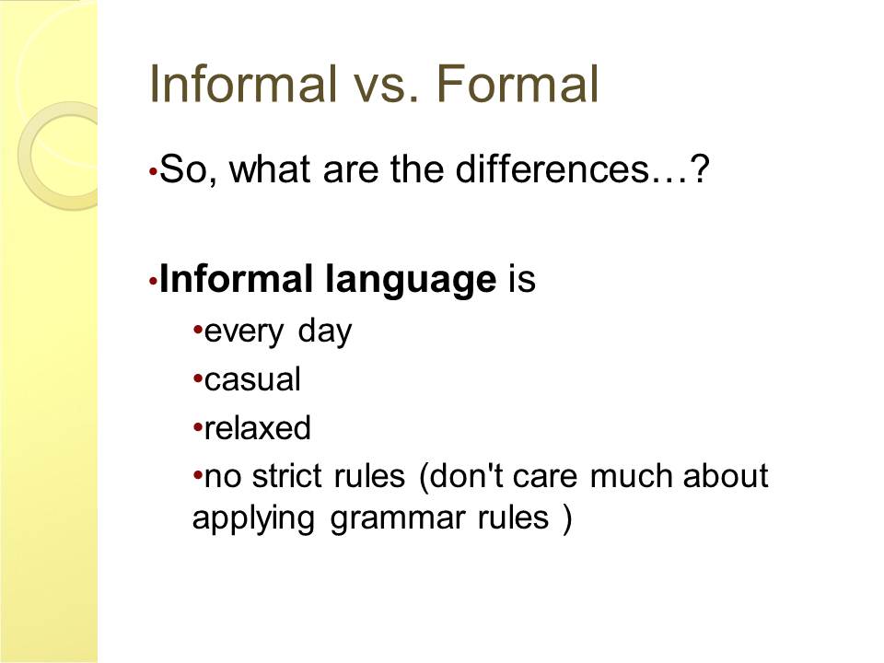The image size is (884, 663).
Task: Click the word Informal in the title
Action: click(242, 84)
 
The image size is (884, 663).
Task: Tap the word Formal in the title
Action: click(517, 84)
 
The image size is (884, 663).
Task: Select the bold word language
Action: click(411, 280)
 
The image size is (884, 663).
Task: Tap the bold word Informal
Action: click(236, 278)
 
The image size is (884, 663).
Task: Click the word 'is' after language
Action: click(521, 278)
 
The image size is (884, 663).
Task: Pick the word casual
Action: click(252, 379)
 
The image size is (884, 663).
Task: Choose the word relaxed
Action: click(257, 428)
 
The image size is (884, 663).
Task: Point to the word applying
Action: click(253, 518)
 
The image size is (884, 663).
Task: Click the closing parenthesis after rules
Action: click(566, 518)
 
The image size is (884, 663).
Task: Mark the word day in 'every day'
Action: click(325, 332)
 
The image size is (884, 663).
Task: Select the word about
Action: click(726, 476)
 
